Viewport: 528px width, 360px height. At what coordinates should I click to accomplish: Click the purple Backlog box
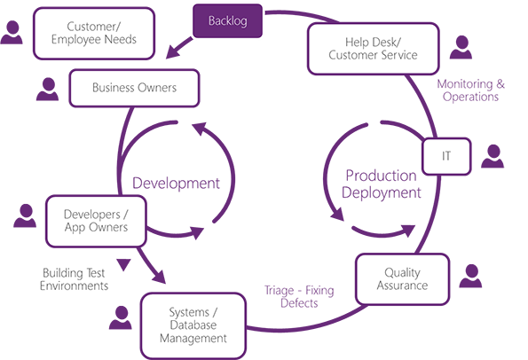tap(228, 20)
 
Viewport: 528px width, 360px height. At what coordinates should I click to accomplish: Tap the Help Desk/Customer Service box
tap(373, 48)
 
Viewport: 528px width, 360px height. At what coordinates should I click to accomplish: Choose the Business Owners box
tap(134, 88)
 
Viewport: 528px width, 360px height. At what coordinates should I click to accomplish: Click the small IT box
tap(446, 156)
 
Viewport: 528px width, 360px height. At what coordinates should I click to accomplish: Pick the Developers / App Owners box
tap(96, 221)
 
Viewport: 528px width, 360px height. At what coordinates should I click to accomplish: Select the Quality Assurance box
tap(402, 278)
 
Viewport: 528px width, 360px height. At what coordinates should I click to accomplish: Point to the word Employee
tap(78, 40)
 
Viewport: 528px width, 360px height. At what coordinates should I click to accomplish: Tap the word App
tap(76, 228)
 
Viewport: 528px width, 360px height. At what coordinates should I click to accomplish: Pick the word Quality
tap(402, 272)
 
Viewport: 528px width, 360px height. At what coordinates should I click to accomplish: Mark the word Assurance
tap(402, 286)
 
